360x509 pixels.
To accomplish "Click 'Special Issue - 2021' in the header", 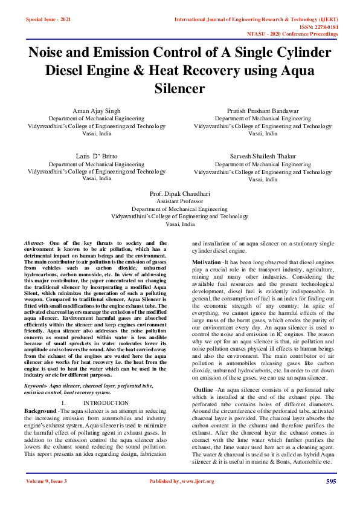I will click(48, 20).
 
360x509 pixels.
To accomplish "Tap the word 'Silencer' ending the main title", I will click(180, 89).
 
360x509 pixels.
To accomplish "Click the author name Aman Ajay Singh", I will click(97, 111).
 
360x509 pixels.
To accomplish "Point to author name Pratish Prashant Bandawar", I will click(263, 111).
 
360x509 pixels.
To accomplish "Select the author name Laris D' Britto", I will click(97, 156).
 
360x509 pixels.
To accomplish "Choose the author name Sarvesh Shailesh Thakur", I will click(263, 156).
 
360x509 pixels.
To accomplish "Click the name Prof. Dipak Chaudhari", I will click(180, 193).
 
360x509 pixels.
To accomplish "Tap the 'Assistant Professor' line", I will click(180, 201).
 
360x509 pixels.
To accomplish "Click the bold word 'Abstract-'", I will click(35, 242).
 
